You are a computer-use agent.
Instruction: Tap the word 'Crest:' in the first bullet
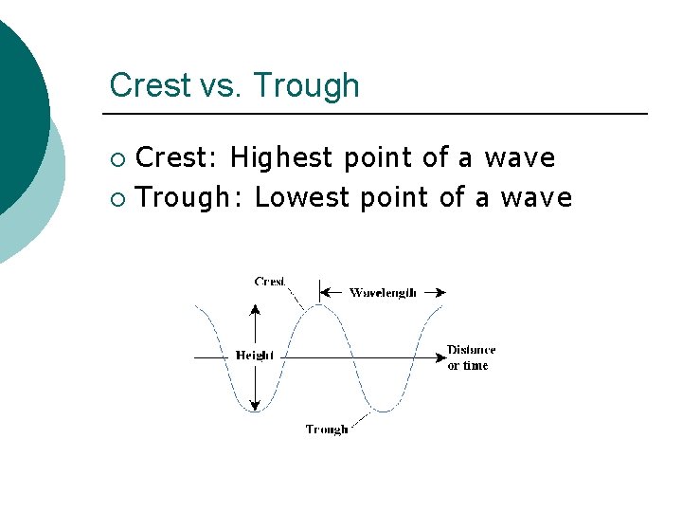[x=178, y=157]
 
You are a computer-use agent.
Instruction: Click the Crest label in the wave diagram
[x=270, y=282]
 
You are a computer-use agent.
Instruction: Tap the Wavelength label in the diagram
[x=383, y=293]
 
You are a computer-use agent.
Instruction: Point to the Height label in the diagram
[x=254, y=356]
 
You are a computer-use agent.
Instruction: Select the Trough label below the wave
[x=327, y=430]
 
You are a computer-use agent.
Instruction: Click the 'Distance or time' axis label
[x=471, y=357]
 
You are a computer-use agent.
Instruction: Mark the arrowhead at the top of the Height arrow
[x=254, y=309]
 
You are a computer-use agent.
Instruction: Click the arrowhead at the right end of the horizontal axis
[x=440, y=357]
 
